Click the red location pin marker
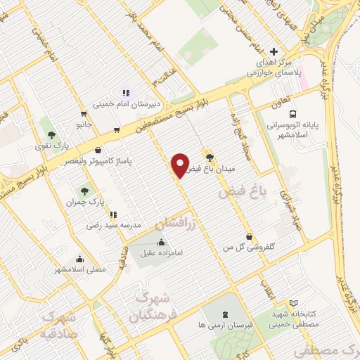pyautogui.click(x=180, y=166)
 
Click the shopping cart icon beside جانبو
pyautogui.click(x=84, y=114)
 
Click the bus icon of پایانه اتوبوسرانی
pyautogui.click(x=292, y=113)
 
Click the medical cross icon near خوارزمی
pyautogui.click(x=274, y=51)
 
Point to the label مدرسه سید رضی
pyautogui.click(x=114, y=226)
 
